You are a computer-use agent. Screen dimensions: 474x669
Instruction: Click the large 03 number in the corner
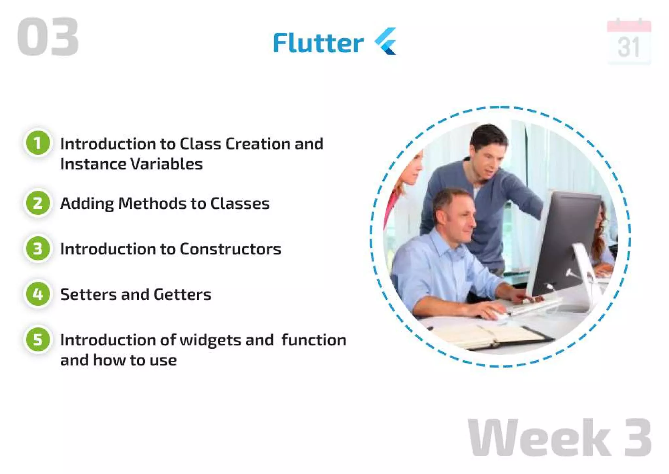pyautogui.click(x=48, y=37)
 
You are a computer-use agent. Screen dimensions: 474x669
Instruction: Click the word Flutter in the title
pyautogui.click(x=318, y=43)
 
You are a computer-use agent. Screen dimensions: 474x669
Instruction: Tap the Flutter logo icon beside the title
pyautogui.click(x=386, y=41)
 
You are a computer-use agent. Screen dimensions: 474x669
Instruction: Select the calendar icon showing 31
pyautogui.click(x=629, y=42)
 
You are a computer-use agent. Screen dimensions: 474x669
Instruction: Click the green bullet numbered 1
pyautogui.click(x=38, y=143)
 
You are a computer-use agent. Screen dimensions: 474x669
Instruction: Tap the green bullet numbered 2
pyautogui.click(x=38, y=203)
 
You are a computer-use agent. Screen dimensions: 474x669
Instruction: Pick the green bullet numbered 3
pyautogui.click(x=38, y=249)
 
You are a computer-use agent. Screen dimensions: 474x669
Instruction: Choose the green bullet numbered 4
pyautogui.click(x=38, y=294)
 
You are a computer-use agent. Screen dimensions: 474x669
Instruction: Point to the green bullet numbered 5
pyautogui.click(x=38, y=340)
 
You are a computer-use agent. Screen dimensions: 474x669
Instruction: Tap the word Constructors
pyautogui.click(x=230, y=249)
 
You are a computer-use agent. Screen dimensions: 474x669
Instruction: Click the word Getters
pyautogui.click(x=182, y=294)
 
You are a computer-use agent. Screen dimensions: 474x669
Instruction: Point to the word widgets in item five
pyautogui.click(x=210, y=340)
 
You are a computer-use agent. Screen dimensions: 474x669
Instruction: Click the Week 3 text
pyautogui.click(x=559, y=437)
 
